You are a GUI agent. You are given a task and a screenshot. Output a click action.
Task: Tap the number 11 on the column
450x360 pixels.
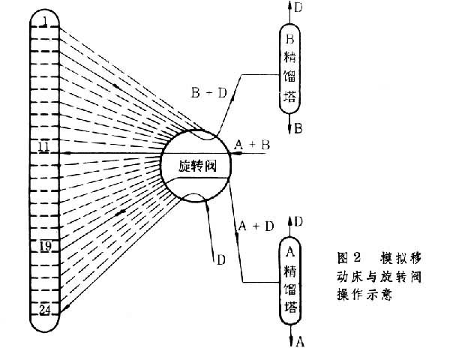pos(44,146)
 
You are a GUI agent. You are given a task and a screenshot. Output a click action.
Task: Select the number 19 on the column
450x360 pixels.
pos(45,245)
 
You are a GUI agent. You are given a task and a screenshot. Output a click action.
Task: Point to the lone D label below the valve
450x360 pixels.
pos(221,260)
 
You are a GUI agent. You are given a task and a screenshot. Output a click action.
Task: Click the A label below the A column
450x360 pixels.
pos(300,342)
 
